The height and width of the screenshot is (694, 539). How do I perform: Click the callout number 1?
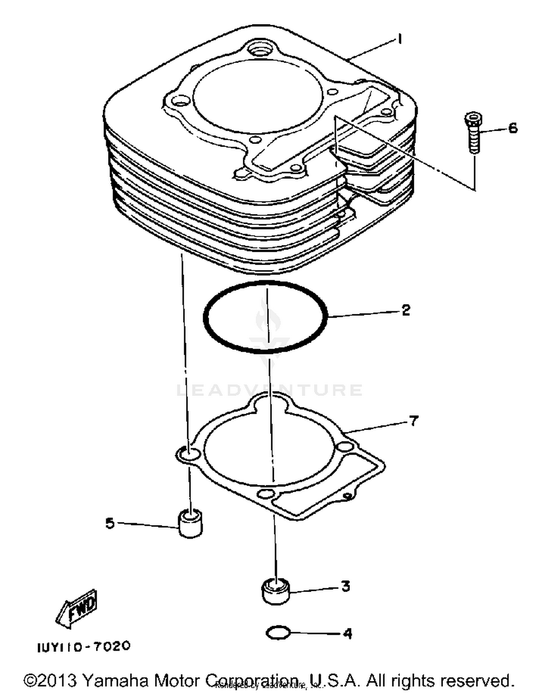(x=400, y=38)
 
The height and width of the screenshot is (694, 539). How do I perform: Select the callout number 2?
(x=406, y=310)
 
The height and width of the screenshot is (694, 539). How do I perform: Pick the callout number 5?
(x=110, y=523)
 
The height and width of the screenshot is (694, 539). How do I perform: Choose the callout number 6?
(x=513, y=128)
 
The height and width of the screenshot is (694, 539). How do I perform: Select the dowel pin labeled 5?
(x=190, y=524)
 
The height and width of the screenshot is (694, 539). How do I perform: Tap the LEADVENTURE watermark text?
(x=269, y=390)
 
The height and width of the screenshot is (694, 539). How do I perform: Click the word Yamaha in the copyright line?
(x=116, y=680)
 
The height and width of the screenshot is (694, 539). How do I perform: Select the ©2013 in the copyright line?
(x=50, y=680)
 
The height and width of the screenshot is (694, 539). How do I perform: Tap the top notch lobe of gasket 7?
(x=269, y=402)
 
